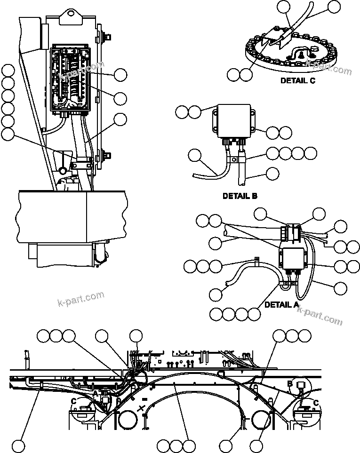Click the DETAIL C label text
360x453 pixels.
(x=297, y=80)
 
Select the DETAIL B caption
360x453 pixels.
(x=240, y=196)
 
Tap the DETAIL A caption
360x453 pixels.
(x=281, y=305)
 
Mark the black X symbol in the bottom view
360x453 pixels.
(x=140, y=409)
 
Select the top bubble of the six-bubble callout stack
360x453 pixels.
(x=8, y=72)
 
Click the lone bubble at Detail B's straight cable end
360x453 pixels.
(x=272, y=174)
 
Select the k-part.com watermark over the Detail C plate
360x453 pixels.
(x=328, y=66)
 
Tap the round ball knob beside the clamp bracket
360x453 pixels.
(x=63, y=171)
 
